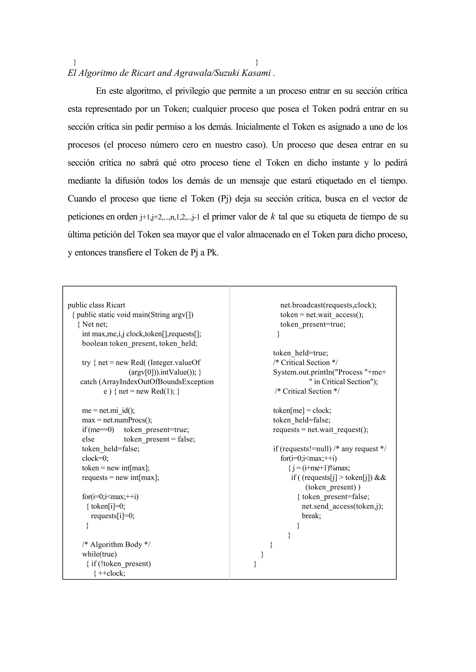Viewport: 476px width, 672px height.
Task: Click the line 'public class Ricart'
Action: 96,305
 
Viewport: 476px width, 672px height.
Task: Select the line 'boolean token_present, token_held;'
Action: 139,343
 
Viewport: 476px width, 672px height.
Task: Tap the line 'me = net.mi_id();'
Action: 108,410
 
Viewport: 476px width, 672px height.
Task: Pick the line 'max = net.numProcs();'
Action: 117,420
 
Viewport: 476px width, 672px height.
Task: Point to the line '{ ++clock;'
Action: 109,573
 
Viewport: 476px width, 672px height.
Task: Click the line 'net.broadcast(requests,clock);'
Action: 328,305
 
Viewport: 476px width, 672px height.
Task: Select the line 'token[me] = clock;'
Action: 302,410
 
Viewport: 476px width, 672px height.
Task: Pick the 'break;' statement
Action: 311,516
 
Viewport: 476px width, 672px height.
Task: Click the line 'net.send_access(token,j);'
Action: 342,506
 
